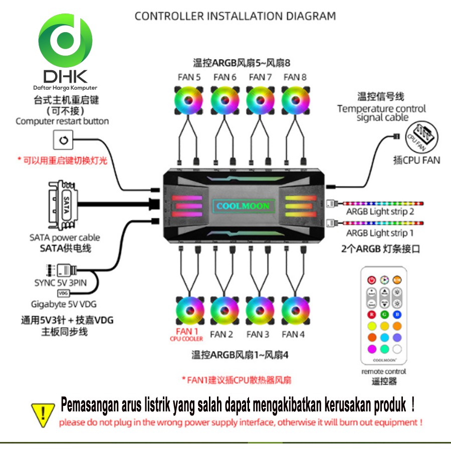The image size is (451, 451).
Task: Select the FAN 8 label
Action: (x=295, y=77)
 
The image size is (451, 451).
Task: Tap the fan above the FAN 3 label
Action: (x=260, y=311)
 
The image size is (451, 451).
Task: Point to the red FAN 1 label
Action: (x=186, y=331)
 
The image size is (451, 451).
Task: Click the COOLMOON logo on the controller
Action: (x=243, y=206)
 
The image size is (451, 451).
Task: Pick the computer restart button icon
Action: (x=63, y=140)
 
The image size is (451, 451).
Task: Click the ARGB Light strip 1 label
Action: (x=380, y=233)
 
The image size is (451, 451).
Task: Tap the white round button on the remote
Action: (x=397, y=348)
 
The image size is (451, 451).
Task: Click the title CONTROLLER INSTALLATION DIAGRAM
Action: (x=235, y=16)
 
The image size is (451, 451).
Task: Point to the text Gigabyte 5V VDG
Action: (x=64, y=304)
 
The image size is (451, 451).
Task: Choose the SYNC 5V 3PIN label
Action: (x=60, y=283)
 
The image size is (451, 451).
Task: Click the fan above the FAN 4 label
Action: (x=295, y=311)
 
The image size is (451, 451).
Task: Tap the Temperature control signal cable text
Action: (x=381, y=113)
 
